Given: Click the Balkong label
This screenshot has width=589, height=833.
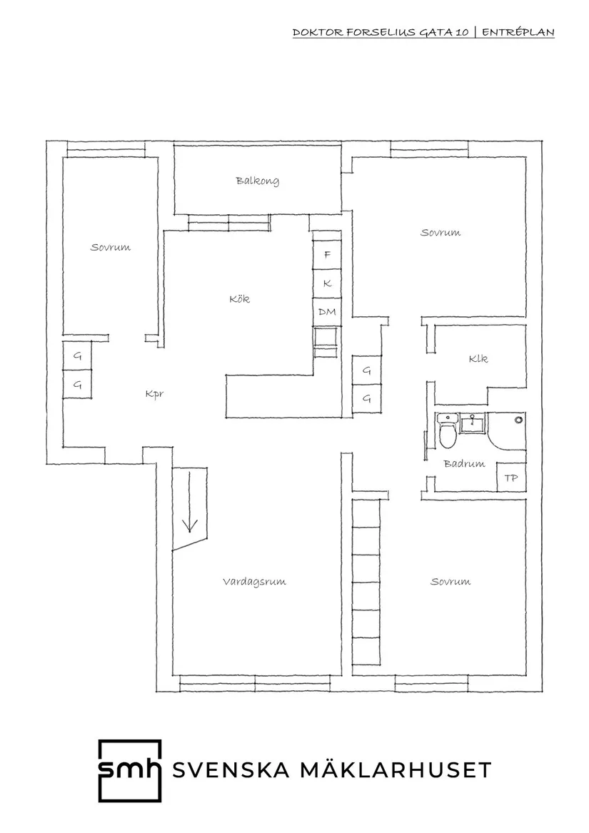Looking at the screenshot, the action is [x=258, y=181].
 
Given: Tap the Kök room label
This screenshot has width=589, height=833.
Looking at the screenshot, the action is [x=239, y=298].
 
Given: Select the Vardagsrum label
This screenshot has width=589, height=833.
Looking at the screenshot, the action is [x=254, y=582].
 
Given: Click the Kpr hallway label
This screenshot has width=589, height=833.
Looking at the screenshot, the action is [x=154, y=394].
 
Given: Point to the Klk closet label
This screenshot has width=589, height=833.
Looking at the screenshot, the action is [x=478, y=358].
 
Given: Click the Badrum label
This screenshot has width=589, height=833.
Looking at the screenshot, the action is [x=464, y=464].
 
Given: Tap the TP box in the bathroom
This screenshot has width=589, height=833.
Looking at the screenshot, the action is [x=511, y=478].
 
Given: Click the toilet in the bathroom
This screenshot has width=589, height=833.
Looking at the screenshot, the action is [x=447, y=431].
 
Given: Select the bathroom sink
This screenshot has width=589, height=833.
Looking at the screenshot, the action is [x=472, y=423].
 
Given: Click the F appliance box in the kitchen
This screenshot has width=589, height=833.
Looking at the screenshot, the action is [x=327, y=255].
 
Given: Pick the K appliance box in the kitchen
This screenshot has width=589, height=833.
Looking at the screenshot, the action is [x=327, y=283].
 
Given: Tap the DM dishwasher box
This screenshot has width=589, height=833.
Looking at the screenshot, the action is [x=327, y=312].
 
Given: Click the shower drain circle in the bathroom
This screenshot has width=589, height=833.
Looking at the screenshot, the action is [x=518, y=420].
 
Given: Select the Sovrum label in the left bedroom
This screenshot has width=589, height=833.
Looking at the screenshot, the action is [x=110, y=247].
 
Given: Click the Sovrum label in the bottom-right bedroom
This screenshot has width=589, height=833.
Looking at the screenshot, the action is [x=450, y=581].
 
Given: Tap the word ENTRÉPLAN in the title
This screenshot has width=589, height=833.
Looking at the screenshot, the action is [x=518, y=32].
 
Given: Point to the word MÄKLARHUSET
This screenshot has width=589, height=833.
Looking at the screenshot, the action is [x=396, y=769].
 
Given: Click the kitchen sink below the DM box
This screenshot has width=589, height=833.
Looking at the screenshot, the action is [x=326, y=343].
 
